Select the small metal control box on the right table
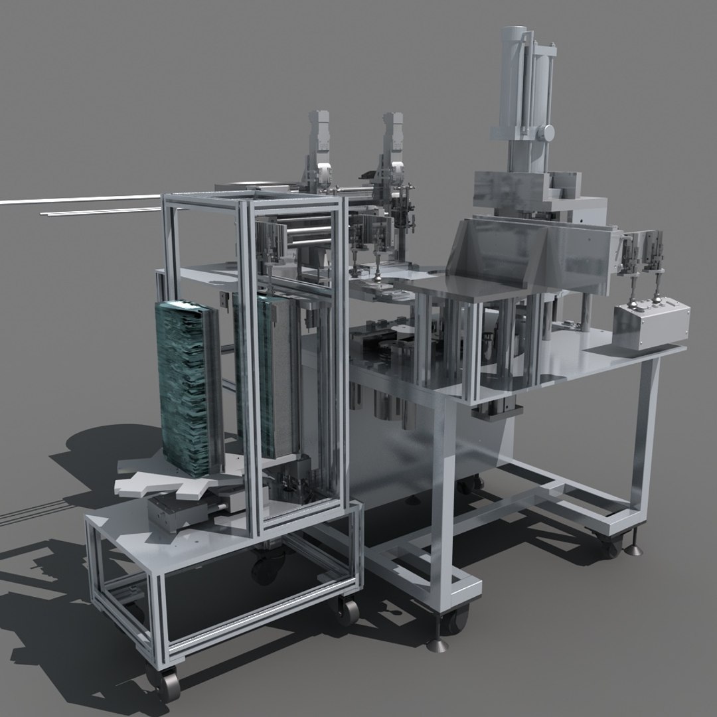pyautogui.click(x=649, y=325)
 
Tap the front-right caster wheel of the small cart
pyautogui.click(x=348, y=609)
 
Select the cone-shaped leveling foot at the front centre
pyautogui.click(x=440, y=641)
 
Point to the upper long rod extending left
pyautogui.click(x=80, y=199)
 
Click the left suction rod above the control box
pyautogui.click(x=631, y=285)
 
